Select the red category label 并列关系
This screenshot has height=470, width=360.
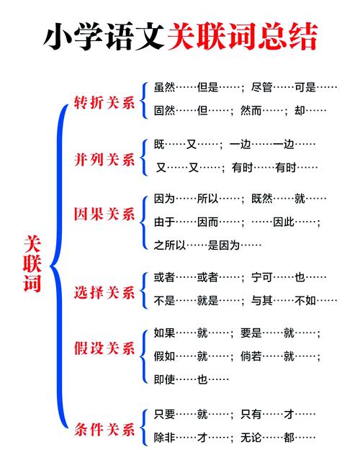point(104,158)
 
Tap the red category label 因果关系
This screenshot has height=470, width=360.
point(104,214)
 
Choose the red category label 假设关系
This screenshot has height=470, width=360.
point(104,348)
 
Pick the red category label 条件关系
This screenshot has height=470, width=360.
point(104,430)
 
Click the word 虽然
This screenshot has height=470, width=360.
point(165,88)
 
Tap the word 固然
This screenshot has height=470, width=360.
point(165,111)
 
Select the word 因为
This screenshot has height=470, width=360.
point(165,198)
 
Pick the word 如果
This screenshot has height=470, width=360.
point(165,333)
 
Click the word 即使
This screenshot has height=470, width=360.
point(165,379)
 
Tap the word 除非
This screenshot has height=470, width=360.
point(165,437)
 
